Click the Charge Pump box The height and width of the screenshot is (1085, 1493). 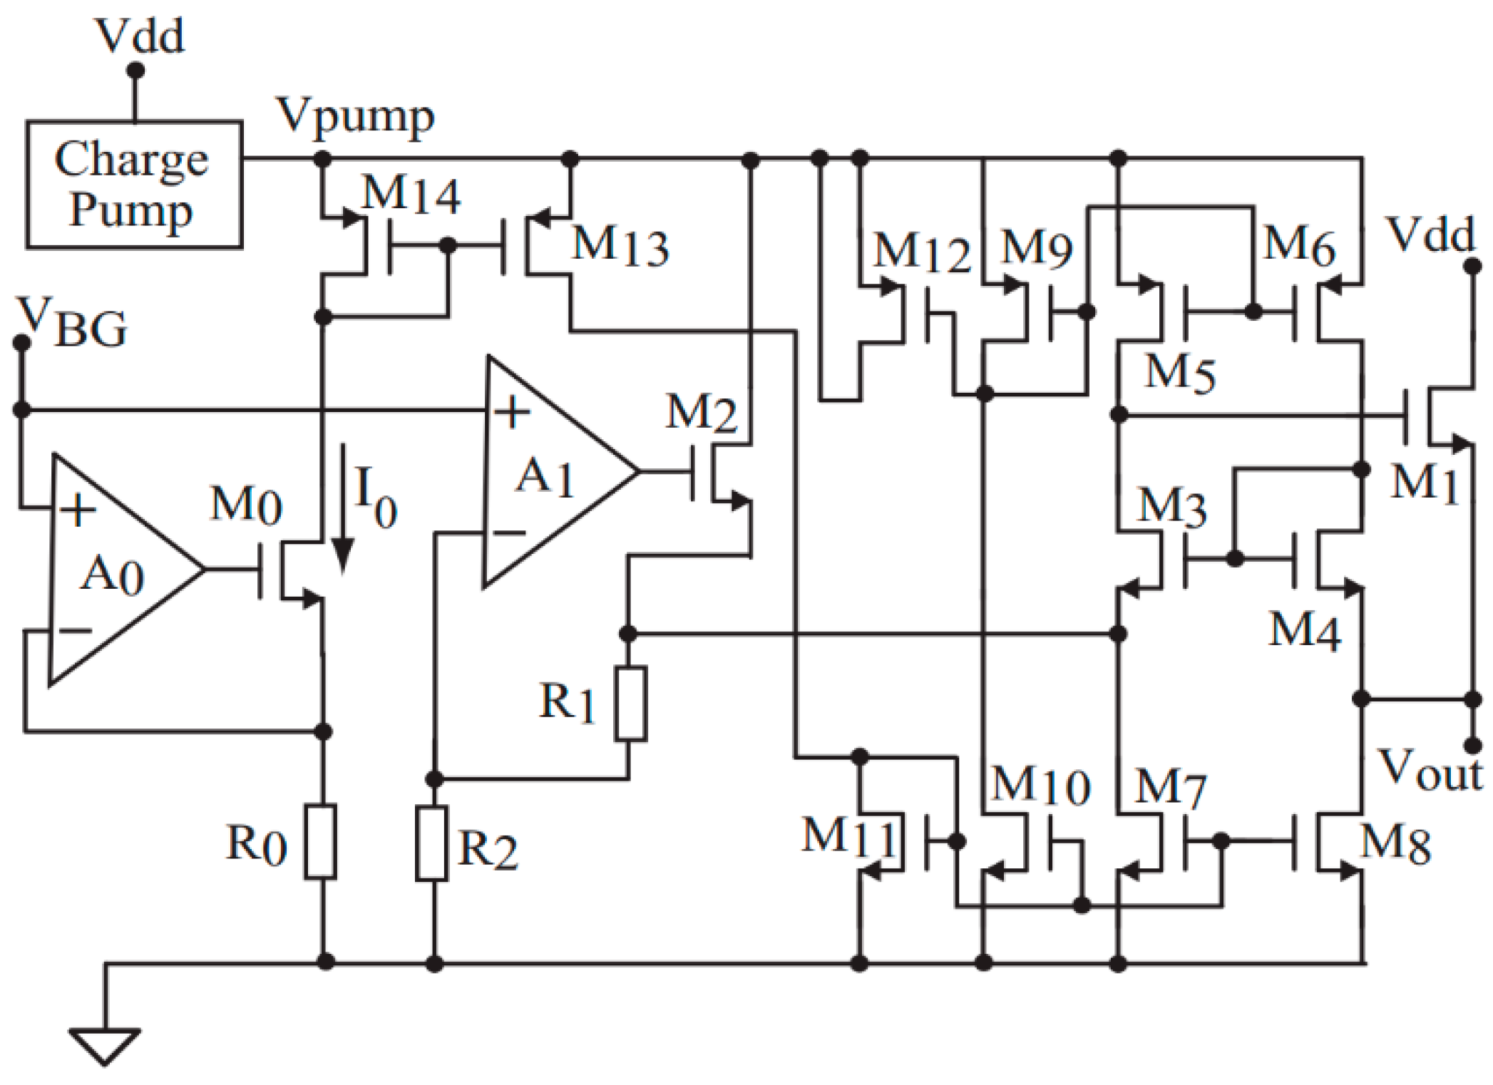pos(133,184)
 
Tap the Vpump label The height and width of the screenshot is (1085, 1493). pos(356,116)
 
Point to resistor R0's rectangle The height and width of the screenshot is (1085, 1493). pos(320,841)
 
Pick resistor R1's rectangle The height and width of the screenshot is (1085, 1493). pos(630,703)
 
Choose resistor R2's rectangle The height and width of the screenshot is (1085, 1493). pos(431,843)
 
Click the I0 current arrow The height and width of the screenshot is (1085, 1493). pos(343,510)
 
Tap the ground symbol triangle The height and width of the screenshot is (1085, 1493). pos(104,1045)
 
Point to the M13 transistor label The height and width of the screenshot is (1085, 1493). pos(620,246)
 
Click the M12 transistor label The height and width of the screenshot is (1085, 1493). pos(922,253)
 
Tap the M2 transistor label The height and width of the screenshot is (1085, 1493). pos(700,412)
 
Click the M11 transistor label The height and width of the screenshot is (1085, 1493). pos(848,836)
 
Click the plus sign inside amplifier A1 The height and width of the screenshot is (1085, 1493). pos(511,412)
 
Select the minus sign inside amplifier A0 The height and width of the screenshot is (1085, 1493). pos(76,630)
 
